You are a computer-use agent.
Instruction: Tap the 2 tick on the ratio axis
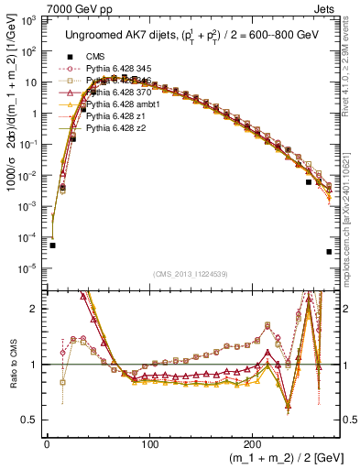tap(37, 310)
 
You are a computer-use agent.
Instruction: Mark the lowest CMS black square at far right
tap(329, 252)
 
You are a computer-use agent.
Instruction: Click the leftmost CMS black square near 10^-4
tap(53, 245)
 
